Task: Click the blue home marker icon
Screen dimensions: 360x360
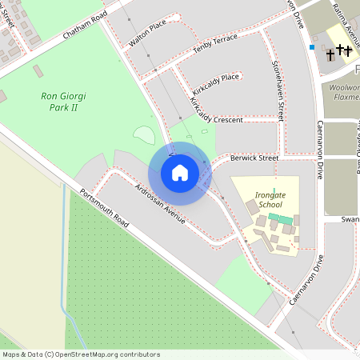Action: [179, 173]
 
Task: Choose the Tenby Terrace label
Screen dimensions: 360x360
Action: [215, 49]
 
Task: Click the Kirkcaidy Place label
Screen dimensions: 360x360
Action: [218, 78]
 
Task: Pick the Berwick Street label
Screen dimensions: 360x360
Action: [254, 158]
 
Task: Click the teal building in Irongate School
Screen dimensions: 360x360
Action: [281, 217]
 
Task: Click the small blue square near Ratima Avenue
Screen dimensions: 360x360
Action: [312, 47]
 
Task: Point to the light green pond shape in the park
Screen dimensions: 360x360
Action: [144, 135]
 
